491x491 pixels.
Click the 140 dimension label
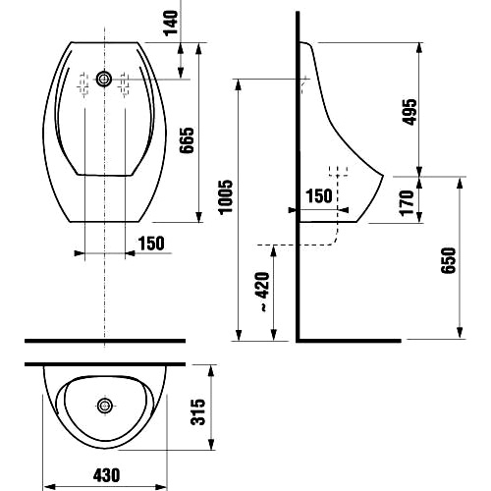coord(171,23)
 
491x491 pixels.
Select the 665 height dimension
coord(187,140)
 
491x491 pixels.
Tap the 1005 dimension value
coord(226,197)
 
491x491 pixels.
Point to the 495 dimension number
coord(409,112)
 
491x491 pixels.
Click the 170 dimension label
coord(407,203)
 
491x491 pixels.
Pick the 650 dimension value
coord(448,260)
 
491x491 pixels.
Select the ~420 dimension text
coord(262,291)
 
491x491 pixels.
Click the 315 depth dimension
coord(197,411)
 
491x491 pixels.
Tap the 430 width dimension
coord(106,475)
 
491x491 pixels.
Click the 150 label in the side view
coord(319,196)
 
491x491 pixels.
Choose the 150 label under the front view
coord(151,244)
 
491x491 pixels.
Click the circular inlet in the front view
coord(104,79)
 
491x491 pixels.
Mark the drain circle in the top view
coord(105,406)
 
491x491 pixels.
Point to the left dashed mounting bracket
coord(84,84)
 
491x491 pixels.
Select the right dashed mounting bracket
coord(124,84)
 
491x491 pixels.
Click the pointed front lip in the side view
coord(382,176)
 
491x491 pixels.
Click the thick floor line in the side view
coord(349,341)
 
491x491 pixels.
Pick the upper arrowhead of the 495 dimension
coord(419,48)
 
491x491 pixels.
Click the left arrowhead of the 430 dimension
coord(50,486)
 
